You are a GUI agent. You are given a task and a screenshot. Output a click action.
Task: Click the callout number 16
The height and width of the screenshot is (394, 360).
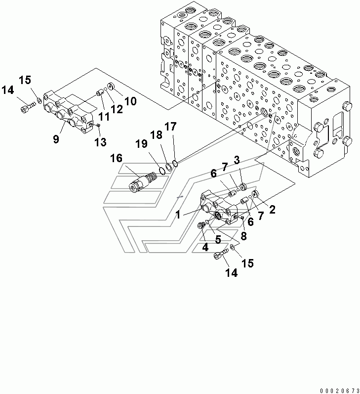click(116, 158)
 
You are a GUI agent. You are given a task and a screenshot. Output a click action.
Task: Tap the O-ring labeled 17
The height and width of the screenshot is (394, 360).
click(175, 164)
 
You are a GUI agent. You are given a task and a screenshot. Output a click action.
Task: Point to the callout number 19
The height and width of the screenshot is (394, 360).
click(141, 144)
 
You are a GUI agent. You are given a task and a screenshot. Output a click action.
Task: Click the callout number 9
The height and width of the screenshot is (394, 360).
click(56, 139)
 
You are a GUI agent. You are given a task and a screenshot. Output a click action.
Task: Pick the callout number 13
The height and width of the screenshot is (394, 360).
click(100, 142)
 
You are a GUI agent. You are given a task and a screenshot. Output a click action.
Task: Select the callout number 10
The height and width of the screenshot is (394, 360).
click(130, 101)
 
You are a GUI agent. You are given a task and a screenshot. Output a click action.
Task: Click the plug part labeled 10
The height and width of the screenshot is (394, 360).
click(111, 87)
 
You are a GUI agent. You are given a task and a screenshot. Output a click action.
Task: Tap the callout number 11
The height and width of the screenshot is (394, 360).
click(104, 117)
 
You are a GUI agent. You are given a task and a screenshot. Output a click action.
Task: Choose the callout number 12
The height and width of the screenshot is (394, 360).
click(117, 109)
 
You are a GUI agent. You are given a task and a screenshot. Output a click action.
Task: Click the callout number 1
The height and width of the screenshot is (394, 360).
click(178, 215)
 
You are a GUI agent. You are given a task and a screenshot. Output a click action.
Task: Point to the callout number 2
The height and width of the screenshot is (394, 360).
click(272, 210)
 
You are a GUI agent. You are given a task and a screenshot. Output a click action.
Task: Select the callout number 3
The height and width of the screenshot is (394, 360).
click(237, 160)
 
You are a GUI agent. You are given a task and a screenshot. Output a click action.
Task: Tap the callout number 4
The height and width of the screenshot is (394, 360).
click(205, 247)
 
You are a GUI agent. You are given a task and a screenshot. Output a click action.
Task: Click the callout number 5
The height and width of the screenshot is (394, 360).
click(218, 239)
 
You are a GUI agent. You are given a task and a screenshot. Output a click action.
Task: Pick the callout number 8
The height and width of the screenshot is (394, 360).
click(243, 236)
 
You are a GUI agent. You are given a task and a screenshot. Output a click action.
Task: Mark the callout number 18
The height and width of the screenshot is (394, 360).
click(156, 135)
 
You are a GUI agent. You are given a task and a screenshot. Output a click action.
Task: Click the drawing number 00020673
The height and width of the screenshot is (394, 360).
click(340, 391)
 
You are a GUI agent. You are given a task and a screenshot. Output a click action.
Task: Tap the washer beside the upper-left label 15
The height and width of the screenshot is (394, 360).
click(39, 101)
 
